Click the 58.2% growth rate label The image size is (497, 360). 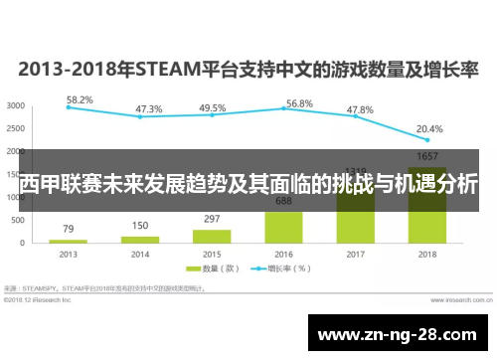tap(80, 99)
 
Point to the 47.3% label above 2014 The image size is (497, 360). tap(149, 109)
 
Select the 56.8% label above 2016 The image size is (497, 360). tap(299, 103)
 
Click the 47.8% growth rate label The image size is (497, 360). tap(359, 109)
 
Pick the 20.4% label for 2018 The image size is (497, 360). tap(429, 129)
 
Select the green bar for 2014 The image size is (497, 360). tap(141, 240)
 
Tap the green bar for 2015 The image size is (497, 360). tap(212, 236)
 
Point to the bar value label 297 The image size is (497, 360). tap(212, 219)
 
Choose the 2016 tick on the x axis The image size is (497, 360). tap(284, 255)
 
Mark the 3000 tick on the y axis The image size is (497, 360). tap(16, 105)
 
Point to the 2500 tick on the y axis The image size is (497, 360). tap(16, 128)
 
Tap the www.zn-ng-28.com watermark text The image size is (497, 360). tap(403, 331)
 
